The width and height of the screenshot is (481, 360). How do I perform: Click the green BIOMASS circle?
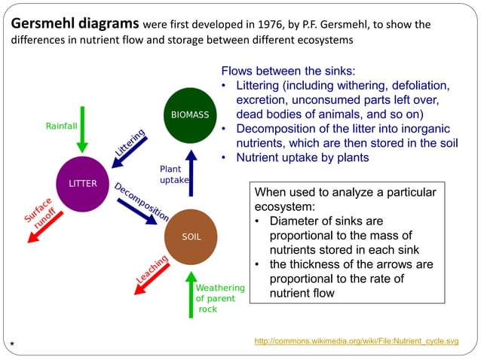pyautogui.click(x=191, y=115)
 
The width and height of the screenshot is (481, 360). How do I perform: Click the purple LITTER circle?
pyautogui.click(x=82, y=184)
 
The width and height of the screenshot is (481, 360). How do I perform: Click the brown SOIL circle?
pyautogui.click(x=191, y=236)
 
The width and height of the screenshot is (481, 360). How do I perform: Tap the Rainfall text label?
pyautogui.click(x=61, y=126)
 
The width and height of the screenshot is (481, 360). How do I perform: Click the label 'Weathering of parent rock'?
pyautogui.click(x=219, y=298)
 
